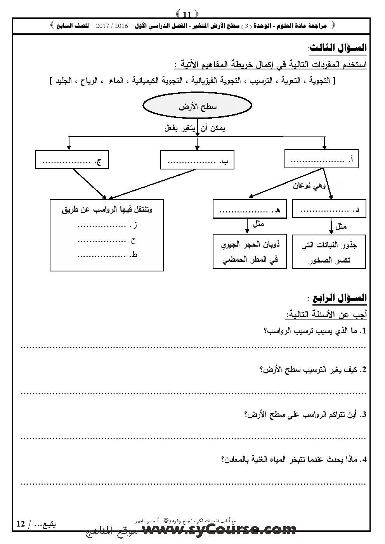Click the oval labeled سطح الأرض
pyautogui.click(x=198, y=107)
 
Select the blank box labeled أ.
pyautogui.click(x=321, y=159)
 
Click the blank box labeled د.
pyautogui.click(x=329, y=210)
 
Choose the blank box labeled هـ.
pyautogui.click(x=249, y=210)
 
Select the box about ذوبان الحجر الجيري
pyautogui.click(x=250, y=251)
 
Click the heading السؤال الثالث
pyautogui.click(x=337, y=48)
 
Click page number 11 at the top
pyautogui.click(x=187, y=15)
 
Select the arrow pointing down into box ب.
pyautogui.click(x=197, y=144)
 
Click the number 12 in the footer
pyautogui.click(x=21, y=524)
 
